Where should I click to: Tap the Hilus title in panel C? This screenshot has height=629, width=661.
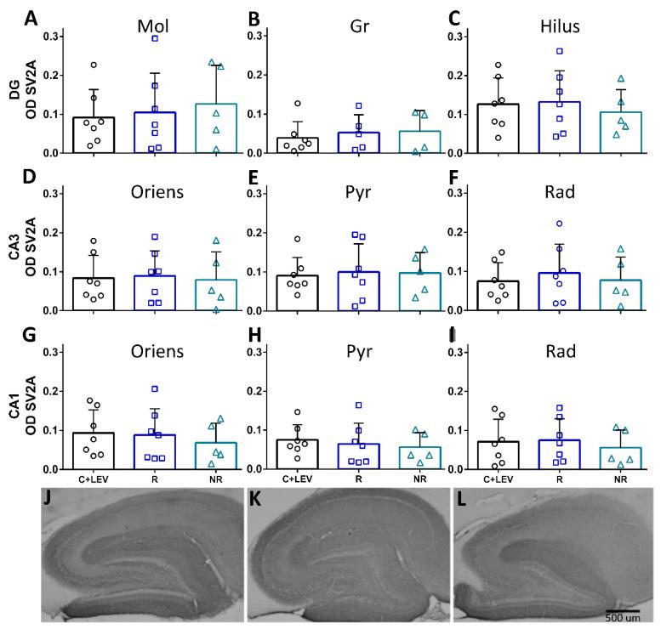(561, 26)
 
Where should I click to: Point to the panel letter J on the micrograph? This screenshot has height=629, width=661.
(48, 497)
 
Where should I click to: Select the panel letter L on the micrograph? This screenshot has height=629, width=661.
(460, 497)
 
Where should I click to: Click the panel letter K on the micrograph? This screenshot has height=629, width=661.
(255, 497)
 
